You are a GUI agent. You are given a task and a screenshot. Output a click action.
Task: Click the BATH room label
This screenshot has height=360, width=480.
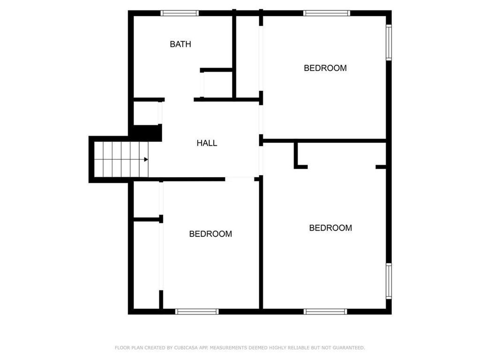pyautogui.click(x=180, y=44)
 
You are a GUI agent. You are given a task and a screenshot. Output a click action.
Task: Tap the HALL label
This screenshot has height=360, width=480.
pyautogui.click(x=207, y=143)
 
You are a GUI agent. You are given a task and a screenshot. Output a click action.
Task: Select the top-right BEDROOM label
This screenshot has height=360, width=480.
pyautogui.click(x=325, y=68)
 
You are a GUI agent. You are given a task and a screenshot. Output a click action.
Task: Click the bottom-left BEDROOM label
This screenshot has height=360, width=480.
pyautogui.click(x=210, y=234)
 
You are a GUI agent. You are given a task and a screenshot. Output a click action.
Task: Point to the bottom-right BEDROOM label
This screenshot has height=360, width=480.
pyautogui.click(x=330, y=228)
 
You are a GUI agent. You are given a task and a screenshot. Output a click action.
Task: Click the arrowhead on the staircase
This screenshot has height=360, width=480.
pyautogui.click(x=146, y=159)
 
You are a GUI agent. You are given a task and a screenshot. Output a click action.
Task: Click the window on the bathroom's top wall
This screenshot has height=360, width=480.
pyautogui.click(x=180, y=13)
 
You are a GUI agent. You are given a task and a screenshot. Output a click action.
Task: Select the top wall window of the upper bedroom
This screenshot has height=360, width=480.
pyautogui.click(x=327, y=13)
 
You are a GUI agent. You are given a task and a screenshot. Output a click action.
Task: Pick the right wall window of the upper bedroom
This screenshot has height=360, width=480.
pyautogui.click(x=389, y=42)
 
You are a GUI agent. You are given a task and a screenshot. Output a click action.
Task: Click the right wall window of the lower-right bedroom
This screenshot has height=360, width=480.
pyautogui.click(x=389, y=281)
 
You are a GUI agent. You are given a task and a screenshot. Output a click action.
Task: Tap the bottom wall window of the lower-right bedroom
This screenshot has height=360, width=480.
pyautogui.click(x=325, y=311)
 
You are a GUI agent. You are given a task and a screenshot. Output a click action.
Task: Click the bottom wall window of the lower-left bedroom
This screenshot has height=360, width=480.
pyautogui.click(x=197, y=311)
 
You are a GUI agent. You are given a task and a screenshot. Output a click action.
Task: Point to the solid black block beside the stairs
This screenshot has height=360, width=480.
pyautogui.click(x=148, y=133)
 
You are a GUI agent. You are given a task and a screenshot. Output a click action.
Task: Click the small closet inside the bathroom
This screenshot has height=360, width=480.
pyautogui.click(x=217, y=85)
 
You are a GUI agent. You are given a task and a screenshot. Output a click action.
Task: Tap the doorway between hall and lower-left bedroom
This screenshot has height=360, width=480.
pyautogui.click(x=240, y=179)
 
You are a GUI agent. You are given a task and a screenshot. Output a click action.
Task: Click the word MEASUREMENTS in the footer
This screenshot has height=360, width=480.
pyautogui.click(x=231, y=348)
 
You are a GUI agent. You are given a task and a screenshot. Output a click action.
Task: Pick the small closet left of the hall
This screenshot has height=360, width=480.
pyautogui.click(x=146, y=112)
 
